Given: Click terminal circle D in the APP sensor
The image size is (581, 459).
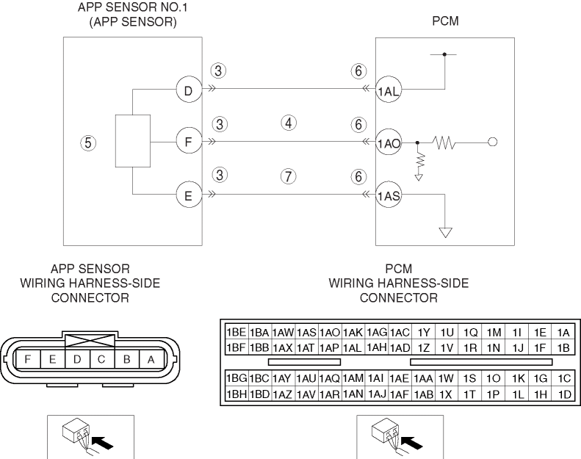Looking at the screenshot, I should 188,91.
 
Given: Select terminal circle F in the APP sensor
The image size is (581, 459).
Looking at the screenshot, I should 188,142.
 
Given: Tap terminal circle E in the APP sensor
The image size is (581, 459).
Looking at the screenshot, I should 188,195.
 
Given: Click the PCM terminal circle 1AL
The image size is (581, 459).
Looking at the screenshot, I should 388,92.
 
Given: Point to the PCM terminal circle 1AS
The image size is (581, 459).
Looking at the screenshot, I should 388,196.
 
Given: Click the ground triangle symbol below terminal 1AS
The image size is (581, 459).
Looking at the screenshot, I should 445,233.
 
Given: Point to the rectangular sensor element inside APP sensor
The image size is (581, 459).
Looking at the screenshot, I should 133,140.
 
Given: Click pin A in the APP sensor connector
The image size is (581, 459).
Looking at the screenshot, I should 151,359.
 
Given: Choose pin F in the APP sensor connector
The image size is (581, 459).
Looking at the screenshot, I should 28,359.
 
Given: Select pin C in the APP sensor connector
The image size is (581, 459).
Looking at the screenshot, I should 102,359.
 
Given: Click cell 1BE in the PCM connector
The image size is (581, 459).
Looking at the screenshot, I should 236,332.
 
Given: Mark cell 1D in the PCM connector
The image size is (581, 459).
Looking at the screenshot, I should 565,394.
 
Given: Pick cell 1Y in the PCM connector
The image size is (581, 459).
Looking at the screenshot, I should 425,332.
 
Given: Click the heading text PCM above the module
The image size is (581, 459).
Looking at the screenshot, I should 445,21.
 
